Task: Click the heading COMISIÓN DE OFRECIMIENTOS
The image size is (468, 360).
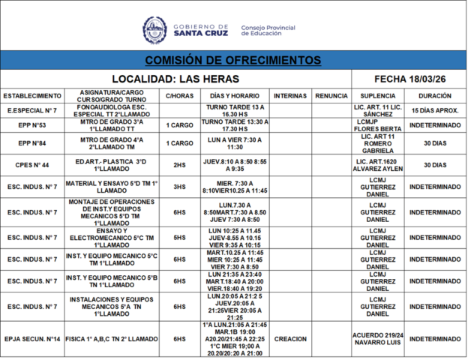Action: point(233,60)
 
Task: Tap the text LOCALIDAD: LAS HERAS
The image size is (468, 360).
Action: point(175,79)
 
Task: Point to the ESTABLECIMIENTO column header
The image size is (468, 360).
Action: point(32,96)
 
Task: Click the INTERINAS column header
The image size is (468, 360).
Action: point(290,96)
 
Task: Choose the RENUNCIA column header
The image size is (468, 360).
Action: point(331,96)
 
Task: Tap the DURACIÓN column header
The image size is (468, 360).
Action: point(435,96)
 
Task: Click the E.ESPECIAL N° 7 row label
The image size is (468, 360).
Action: point(32,110)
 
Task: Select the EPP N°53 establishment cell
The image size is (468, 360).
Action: point(32,125)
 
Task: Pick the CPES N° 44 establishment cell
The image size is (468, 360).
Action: point(32,165)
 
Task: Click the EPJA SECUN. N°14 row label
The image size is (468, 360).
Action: point(32,339)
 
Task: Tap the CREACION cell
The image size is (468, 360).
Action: point(290,339)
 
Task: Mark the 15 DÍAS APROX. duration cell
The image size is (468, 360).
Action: point(435,110)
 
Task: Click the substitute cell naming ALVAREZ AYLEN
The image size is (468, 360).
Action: point(379,165)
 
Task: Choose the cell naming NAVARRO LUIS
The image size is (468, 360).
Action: point(379,339)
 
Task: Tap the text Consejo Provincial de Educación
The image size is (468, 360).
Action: point(268,31)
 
